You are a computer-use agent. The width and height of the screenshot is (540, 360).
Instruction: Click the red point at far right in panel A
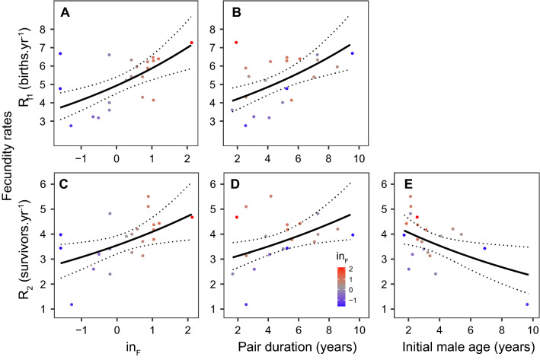pos(192,43)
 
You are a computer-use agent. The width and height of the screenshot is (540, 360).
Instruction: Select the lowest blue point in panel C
pos(71,304)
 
